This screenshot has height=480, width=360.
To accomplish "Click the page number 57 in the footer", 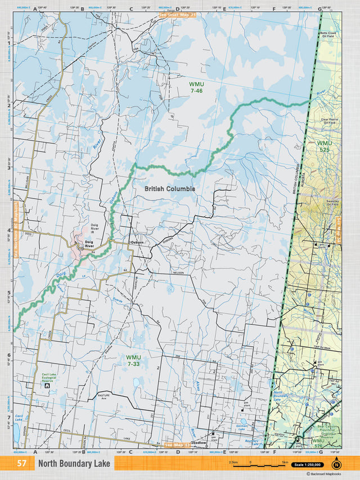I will coord(21,464).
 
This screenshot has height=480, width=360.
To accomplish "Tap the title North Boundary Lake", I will coord(74,464).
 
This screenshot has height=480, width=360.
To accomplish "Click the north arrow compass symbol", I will coord(336,464).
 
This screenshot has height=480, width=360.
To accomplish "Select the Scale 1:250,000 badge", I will coord(309,464).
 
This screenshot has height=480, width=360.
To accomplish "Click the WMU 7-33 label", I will coord(133,360).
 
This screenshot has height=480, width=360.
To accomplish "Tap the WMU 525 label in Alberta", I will coord(325,146).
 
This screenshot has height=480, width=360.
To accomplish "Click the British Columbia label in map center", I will coord(169,189).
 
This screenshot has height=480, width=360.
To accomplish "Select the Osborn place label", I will coord(137,242).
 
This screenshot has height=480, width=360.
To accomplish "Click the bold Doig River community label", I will coord(88,244).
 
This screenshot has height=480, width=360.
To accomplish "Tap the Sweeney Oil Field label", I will coord(328,203).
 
